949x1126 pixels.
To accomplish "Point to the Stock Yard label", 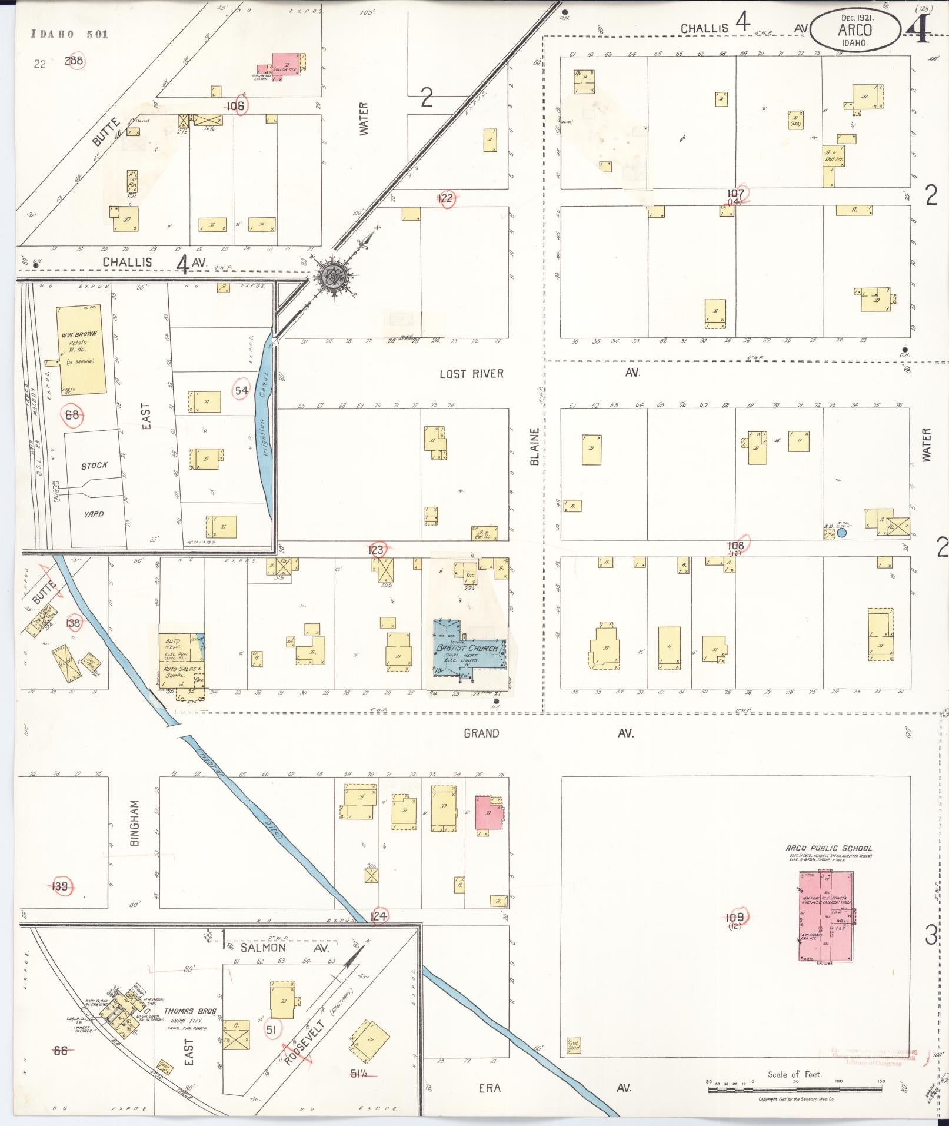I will (95, 465).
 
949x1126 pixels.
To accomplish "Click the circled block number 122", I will (446, 198).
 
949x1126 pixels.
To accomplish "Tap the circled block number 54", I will (241, 390).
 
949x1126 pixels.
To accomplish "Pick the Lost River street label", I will (471, 374).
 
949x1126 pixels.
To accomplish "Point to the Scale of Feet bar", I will (794, 1090).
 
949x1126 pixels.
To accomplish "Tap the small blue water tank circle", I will (841, 533).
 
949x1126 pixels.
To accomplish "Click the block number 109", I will (734, 917).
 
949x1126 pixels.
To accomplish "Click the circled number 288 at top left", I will (74, 60).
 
